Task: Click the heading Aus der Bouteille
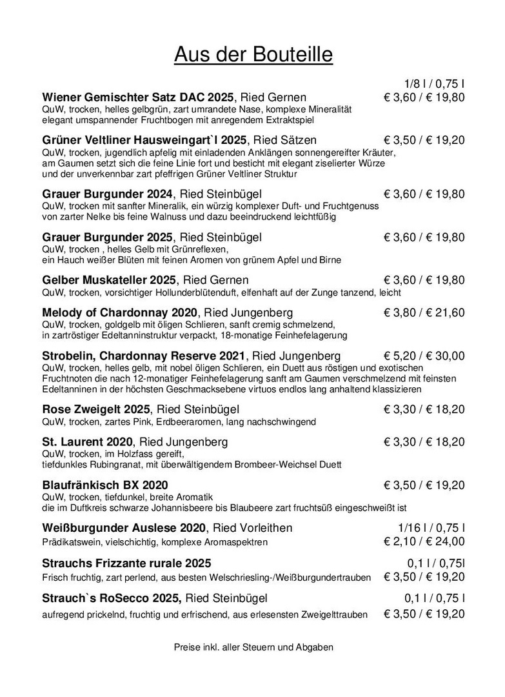(x=253, y=55)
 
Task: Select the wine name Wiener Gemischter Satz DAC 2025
(x=137, y=97)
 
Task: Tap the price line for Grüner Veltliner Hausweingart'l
(x=424, y=140)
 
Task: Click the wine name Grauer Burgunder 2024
(x=107, y=194)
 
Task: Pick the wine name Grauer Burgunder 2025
(x=107, y=237)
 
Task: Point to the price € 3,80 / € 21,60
(x=424, y=312)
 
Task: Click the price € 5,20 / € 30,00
(x=424, y=356)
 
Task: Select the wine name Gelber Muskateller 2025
(x=110, y=280)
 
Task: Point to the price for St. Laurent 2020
(x=424, y=442)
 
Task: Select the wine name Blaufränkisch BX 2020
(x=105, y=485)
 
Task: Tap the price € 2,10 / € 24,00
(x=424, y=541)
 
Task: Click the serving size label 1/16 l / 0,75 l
(x=431, y=528)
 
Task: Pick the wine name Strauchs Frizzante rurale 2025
(x=126, y=563)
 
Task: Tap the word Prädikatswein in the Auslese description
(x=68, y=541)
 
